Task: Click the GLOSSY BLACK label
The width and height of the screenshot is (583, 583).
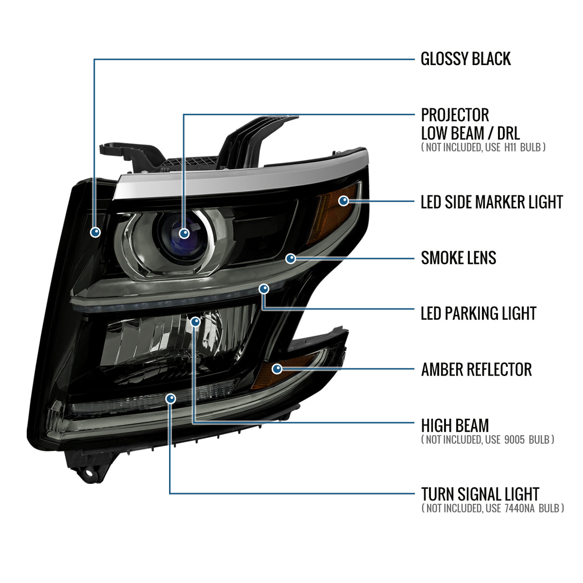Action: [x=465, y=59]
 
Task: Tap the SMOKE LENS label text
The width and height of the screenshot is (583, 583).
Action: [x=458, y=258]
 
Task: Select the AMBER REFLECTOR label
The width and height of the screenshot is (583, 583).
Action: [x=476, y=370]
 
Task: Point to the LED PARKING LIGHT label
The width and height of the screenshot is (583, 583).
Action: [x=478, y=314]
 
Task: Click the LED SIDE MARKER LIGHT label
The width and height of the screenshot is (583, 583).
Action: [x=491, y=203]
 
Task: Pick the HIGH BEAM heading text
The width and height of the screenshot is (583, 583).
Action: [x=455, y=426]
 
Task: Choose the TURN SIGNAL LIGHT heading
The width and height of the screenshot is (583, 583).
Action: [x=480, y=495]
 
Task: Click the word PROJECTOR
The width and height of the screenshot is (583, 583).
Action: [x=455, y=116]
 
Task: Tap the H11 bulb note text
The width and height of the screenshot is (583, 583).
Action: [x=483, y=147]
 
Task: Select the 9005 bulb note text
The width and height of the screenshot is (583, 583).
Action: [x=487, y=440]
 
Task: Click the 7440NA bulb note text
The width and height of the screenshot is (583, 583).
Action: [x=493, y=508]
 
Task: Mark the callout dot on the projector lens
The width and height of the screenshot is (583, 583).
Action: [x=184, y=234]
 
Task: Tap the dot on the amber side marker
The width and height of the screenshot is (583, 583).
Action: [x=344, y=201]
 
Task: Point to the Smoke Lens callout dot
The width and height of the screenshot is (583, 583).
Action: [x=291, y=258]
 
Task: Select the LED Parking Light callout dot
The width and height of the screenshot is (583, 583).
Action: [x=264, y=289]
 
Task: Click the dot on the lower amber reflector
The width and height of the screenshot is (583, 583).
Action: [x=277, y=369]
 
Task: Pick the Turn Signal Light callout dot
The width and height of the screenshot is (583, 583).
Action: [x=170, y=399]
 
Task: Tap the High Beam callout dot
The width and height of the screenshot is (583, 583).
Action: [x=195, y=321]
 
